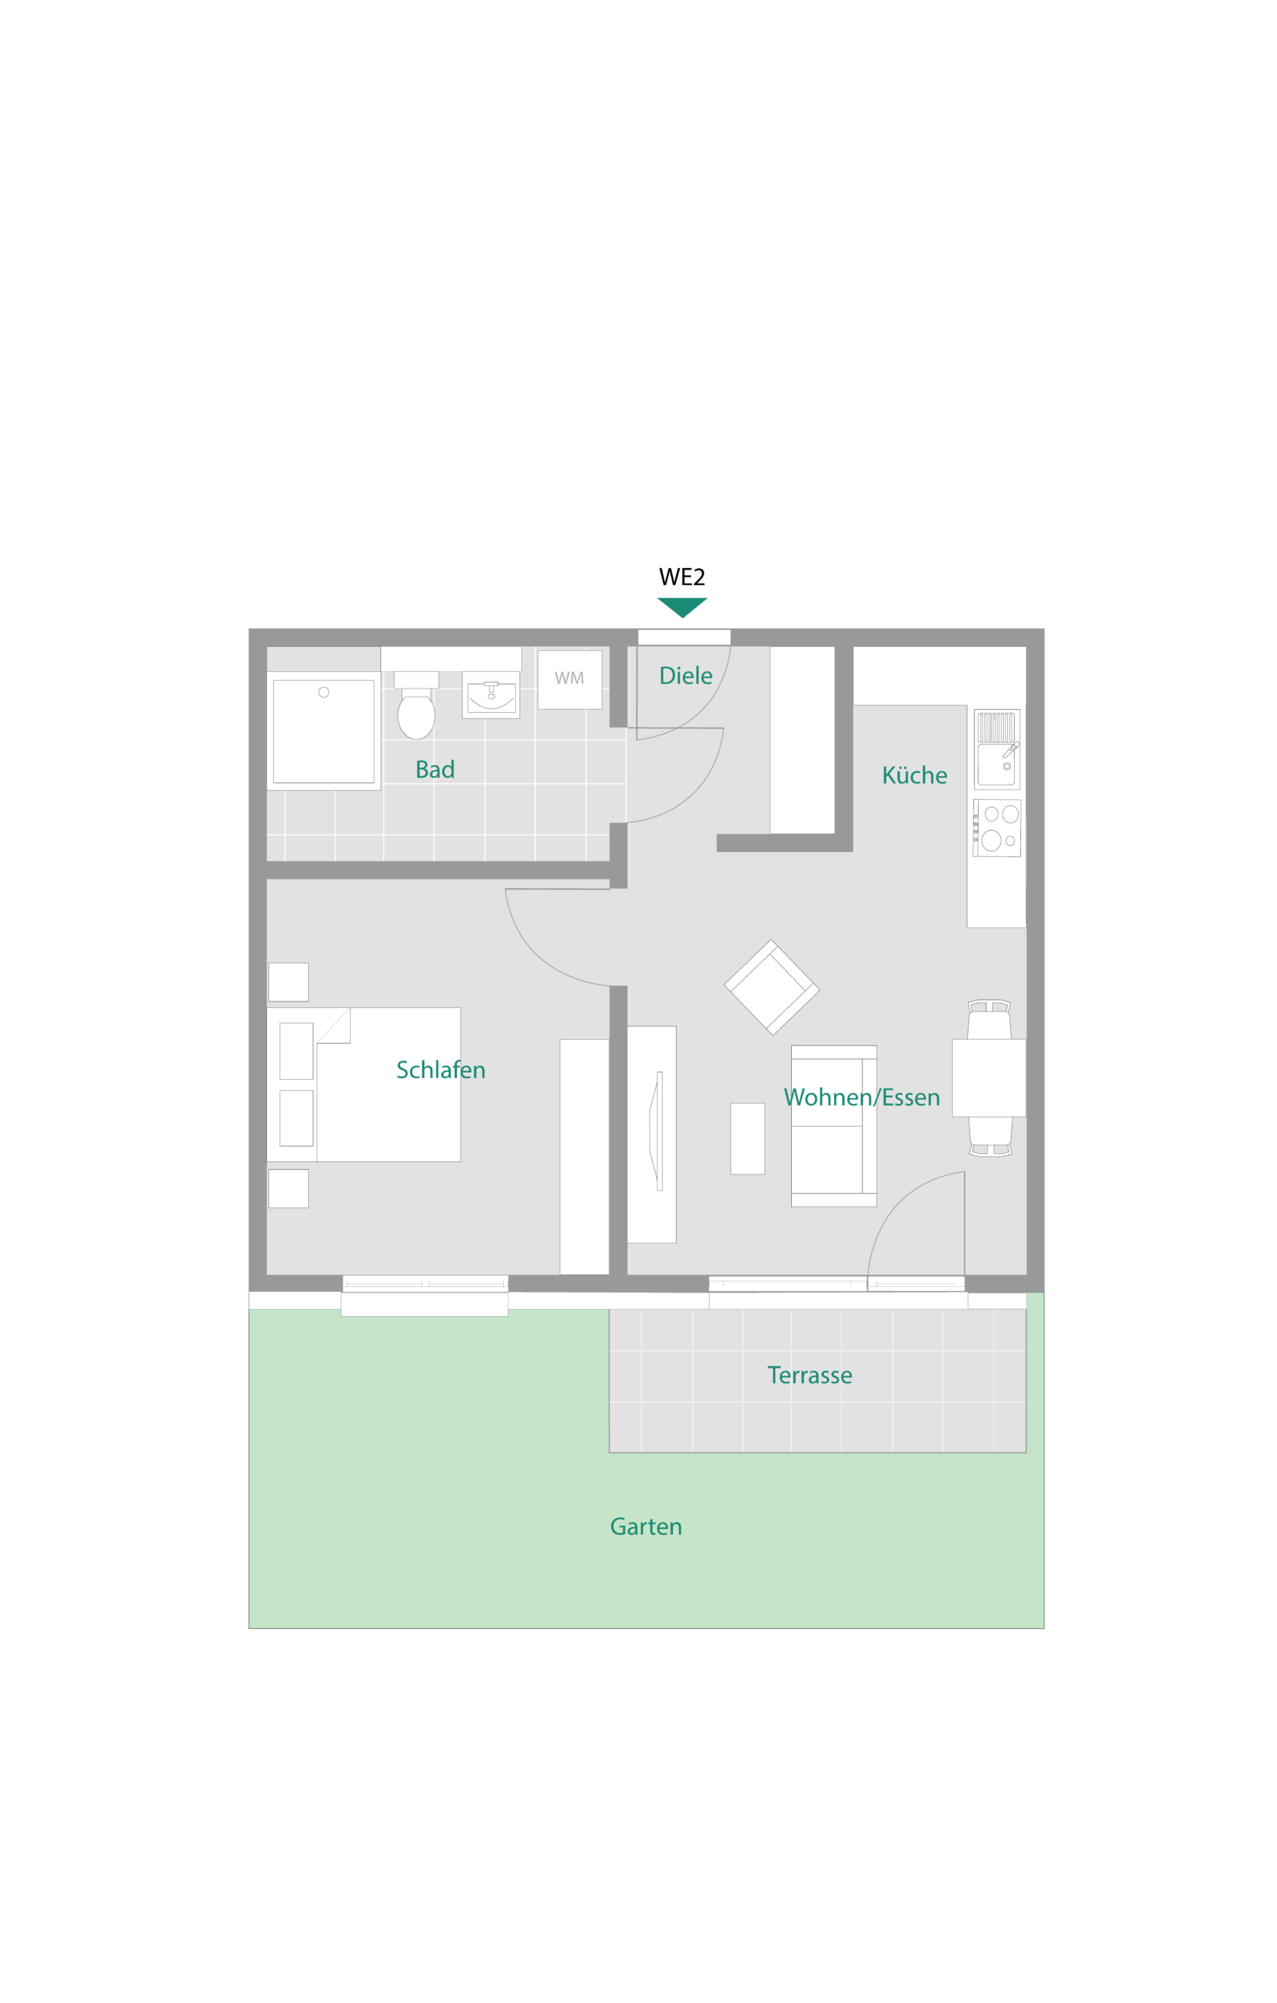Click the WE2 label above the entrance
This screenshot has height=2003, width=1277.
(x=682, y=577)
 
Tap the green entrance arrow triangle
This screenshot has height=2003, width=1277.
(x=682, y=606)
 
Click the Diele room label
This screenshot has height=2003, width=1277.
(x=685, y=675)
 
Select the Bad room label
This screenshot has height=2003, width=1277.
(x=435, y=769)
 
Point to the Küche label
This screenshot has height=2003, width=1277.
(x=914, y=775)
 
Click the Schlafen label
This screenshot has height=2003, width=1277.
(x=441, y=1070)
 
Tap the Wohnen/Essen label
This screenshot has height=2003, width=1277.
(x=862, y=1097)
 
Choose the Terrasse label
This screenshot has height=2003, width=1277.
(x=809, y=1375)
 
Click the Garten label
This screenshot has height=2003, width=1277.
(x=646, y=1527)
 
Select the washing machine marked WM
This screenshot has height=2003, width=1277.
(x=569, y=680)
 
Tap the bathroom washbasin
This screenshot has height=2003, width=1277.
(x=491, y=696)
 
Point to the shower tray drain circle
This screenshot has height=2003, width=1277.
(x=324, y=692)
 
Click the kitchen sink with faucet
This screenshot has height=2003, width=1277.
(x=997, y=750)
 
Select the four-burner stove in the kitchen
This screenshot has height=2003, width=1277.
(x=997, y=828)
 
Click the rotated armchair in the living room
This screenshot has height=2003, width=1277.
(x=772, y=987)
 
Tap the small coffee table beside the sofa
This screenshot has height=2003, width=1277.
(x=747, y=1138)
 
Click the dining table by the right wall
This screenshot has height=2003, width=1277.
(x=988, y=1078)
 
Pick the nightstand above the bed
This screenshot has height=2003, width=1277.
(x=289, y=983)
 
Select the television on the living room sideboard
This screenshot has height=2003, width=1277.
(x=656, y=1131)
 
